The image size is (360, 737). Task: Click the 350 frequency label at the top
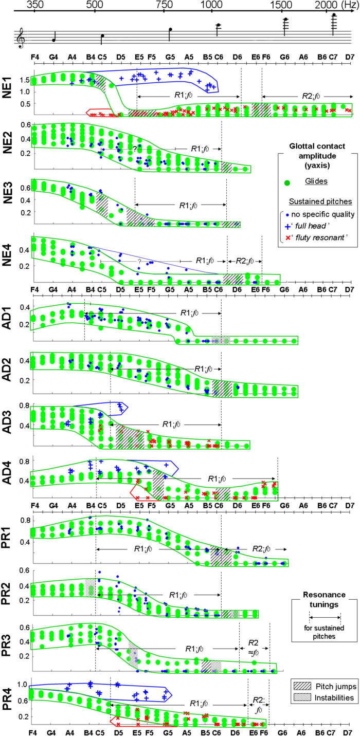coord(34,5)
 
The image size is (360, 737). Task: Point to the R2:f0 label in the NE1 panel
coord(312,96)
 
